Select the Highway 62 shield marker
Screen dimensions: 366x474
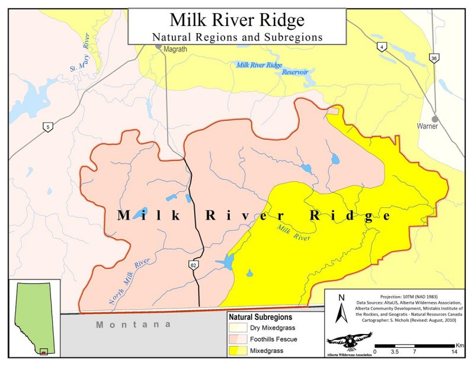[194, 265]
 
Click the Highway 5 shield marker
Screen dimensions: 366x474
[46, 126]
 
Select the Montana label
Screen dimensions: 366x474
[134, 325]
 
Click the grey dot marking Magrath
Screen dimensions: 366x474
[159, 46]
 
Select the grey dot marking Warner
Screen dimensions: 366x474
[435, 118]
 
